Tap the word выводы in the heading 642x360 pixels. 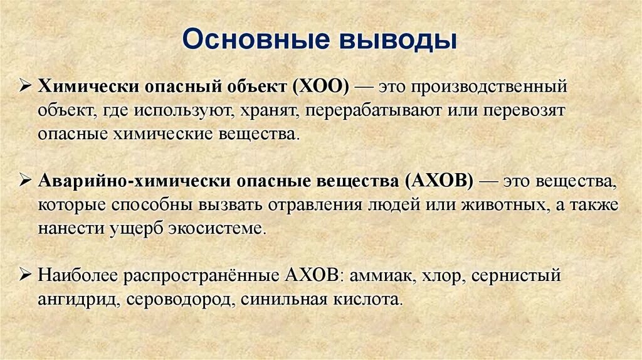398,41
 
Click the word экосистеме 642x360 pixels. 217,229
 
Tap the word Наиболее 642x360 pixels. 76,275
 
